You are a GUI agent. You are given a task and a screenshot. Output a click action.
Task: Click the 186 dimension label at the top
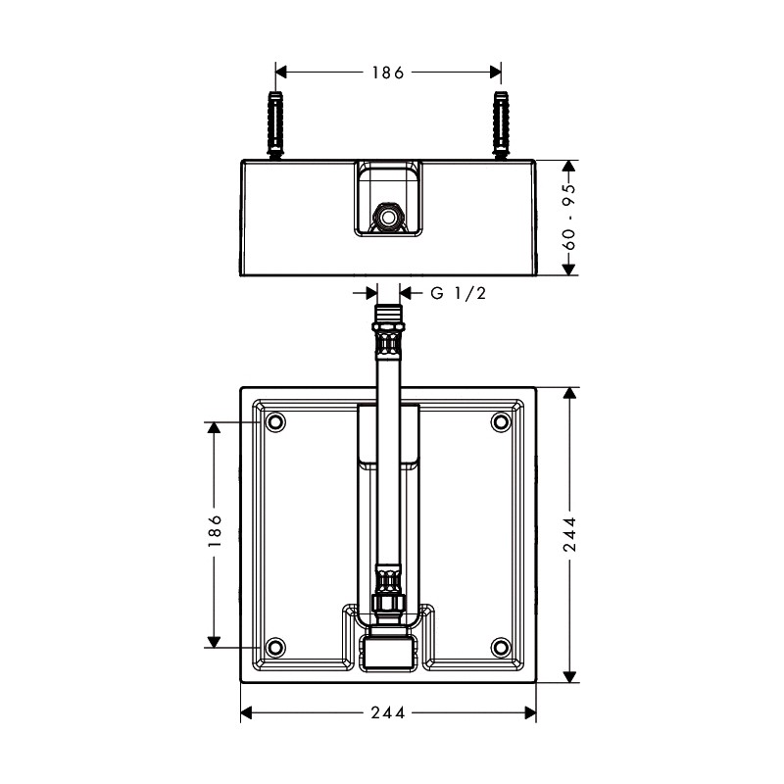pyautogui.click(x=387, y=73)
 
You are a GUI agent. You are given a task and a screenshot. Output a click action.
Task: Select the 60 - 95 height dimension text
pyautogui.click(x=569, y=217)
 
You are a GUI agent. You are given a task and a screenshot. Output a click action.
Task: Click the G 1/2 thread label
pyautogui.click(x=458, y=293)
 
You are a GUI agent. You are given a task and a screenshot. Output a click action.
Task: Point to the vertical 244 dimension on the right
pyautogui.click(x=569, y=534)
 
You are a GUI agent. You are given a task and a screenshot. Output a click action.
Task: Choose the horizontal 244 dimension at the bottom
pyautogui.click(x=388, y=713)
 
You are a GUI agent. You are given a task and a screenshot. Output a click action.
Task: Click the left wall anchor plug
pyautogui.click(x=275, y=125)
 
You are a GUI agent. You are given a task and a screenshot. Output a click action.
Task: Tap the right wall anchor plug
pyautogui.click(x=501, y=125)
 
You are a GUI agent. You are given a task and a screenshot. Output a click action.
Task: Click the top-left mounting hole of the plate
pyautogui.click(x=275, y=422)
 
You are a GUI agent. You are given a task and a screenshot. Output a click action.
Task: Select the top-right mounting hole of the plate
pyautogui.click(x=501, y=422)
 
